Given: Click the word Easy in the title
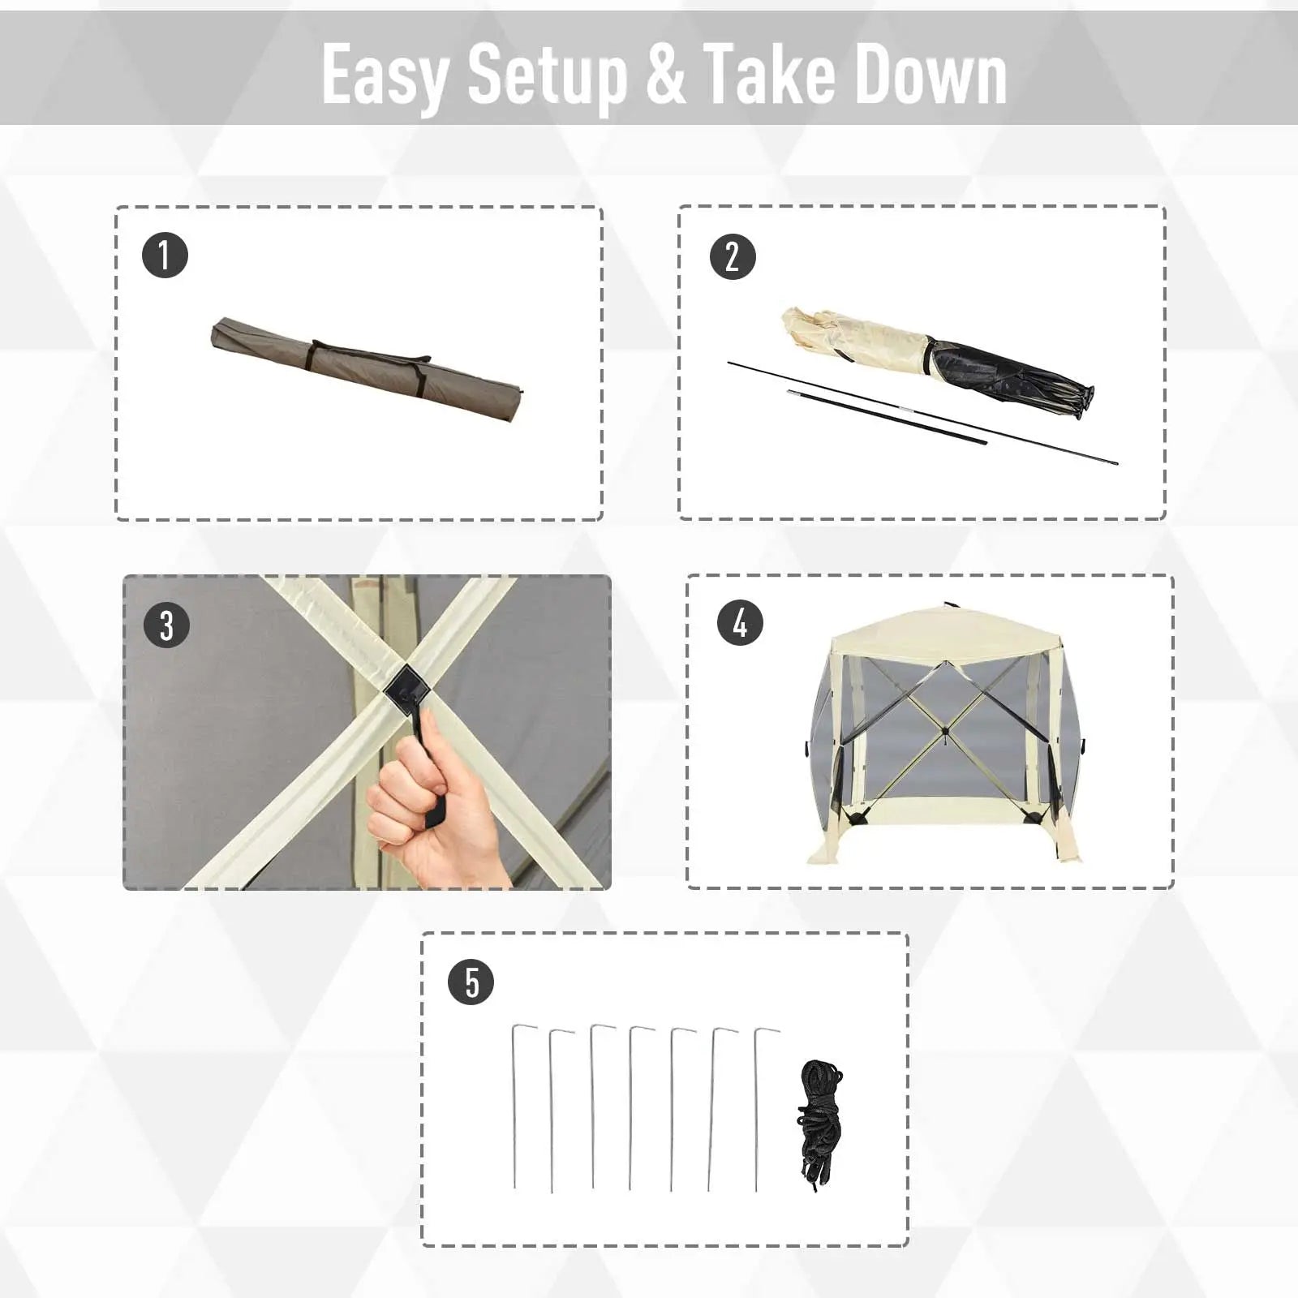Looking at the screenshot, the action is [385, 75].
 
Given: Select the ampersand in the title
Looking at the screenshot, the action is [667, 75].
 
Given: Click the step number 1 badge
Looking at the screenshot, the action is [165, 256].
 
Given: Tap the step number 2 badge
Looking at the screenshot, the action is [733, 256].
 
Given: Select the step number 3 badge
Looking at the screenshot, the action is [166, 625].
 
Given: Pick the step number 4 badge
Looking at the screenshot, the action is [740, 623].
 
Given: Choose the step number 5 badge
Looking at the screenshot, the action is [471, 982].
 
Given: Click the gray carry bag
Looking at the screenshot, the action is [367, 370].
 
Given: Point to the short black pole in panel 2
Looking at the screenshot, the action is [888, 418].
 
